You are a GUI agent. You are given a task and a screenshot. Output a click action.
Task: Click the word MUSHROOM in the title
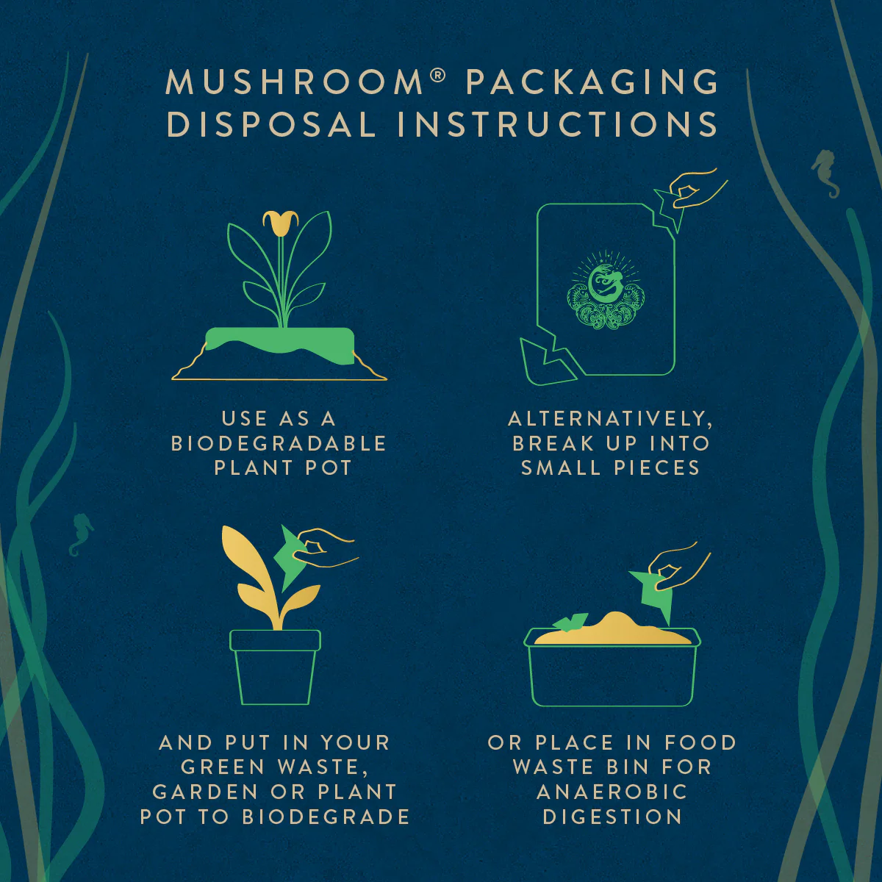click(x=294, y=82)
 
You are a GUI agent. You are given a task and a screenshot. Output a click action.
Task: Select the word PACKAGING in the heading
click(x=592, y=82)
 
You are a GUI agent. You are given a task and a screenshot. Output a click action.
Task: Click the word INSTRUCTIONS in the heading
click(x=557, y=124)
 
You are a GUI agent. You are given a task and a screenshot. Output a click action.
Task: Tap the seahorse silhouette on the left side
click(x=81, y=534)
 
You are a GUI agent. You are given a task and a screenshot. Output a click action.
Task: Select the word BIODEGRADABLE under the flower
click(x=279, y=443)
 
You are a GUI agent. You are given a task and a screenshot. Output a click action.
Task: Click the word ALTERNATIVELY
click(x=610, y=419)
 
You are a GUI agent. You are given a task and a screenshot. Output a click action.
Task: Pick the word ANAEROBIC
click(x=612, y=792)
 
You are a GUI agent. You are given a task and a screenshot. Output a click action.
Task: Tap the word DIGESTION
click(x=612, y=817)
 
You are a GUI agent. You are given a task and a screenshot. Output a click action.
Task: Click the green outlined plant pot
click(x=275, y=669)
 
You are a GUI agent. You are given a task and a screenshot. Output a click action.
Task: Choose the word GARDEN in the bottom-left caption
click(x=204, y=792)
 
